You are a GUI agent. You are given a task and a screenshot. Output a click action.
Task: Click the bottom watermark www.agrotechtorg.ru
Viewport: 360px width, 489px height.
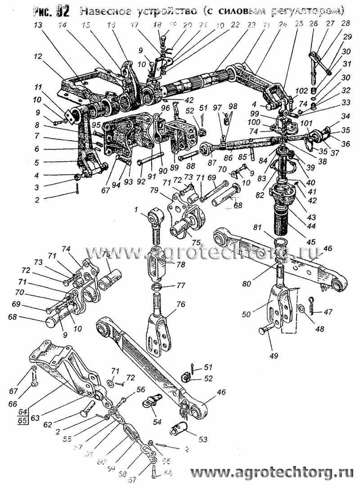273,473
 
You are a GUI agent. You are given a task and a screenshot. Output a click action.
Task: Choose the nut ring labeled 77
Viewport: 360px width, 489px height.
157,286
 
